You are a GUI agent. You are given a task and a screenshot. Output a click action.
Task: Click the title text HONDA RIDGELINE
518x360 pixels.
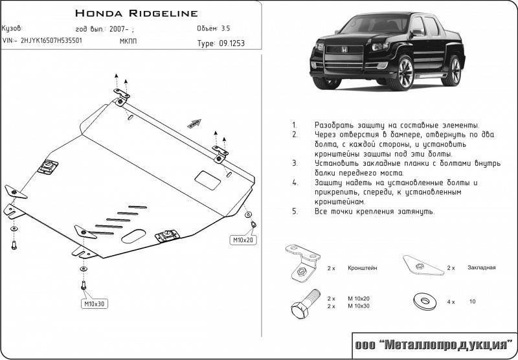tap(137, 13)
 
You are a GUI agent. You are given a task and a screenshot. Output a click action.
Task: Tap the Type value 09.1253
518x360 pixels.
tap(231, 44)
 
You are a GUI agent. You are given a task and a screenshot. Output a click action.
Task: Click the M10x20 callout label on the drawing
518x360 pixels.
tap(244, 240)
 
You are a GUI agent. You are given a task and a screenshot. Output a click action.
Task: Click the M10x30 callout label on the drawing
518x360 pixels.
tap(95, 304)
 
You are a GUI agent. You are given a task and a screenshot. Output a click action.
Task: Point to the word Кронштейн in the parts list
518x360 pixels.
tap(362, 267)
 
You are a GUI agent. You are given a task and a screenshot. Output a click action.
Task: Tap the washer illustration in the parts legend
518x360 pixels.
tap(423, 301)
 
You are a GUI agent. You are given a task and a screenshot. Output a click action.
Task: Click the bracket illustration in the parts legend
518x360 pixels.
tap(302, 263)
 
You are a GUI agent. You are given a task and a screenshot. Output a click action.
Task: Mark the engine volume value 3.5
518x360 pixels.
tap(225, 29)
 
